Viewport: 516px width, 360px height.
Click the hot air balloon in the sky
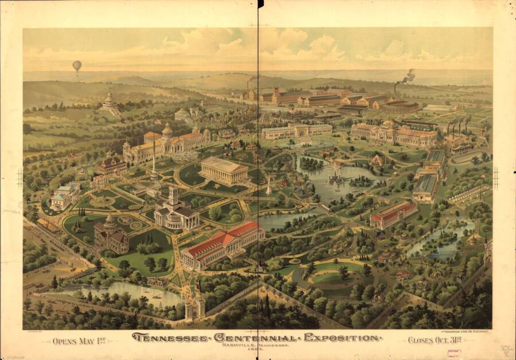click(x=77, y=66)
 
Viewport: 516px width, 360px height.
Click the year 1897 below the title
click(x=257, y=350)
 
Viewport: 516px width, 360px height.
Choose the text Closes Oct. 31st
click(x=436, y=340)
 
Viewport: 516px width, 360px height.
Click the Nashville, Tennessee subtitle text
click(x=257, y=345)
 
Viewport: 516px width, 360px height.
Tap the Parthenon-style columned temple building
click(x=224, y=170)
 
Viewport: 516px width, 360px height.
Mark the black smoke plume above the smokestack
click(x=408, y=75)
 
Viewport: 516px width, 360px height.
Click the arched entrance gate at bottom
click(x=194, y=307)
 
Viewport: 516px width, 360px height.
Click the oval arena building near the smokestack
click(x=400, y=107)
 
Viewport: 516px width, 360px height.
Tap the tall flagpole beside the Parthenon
click(x=154, y=163)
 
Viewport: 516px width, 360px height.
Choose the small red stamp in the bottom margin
click(x=454, y=353)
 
